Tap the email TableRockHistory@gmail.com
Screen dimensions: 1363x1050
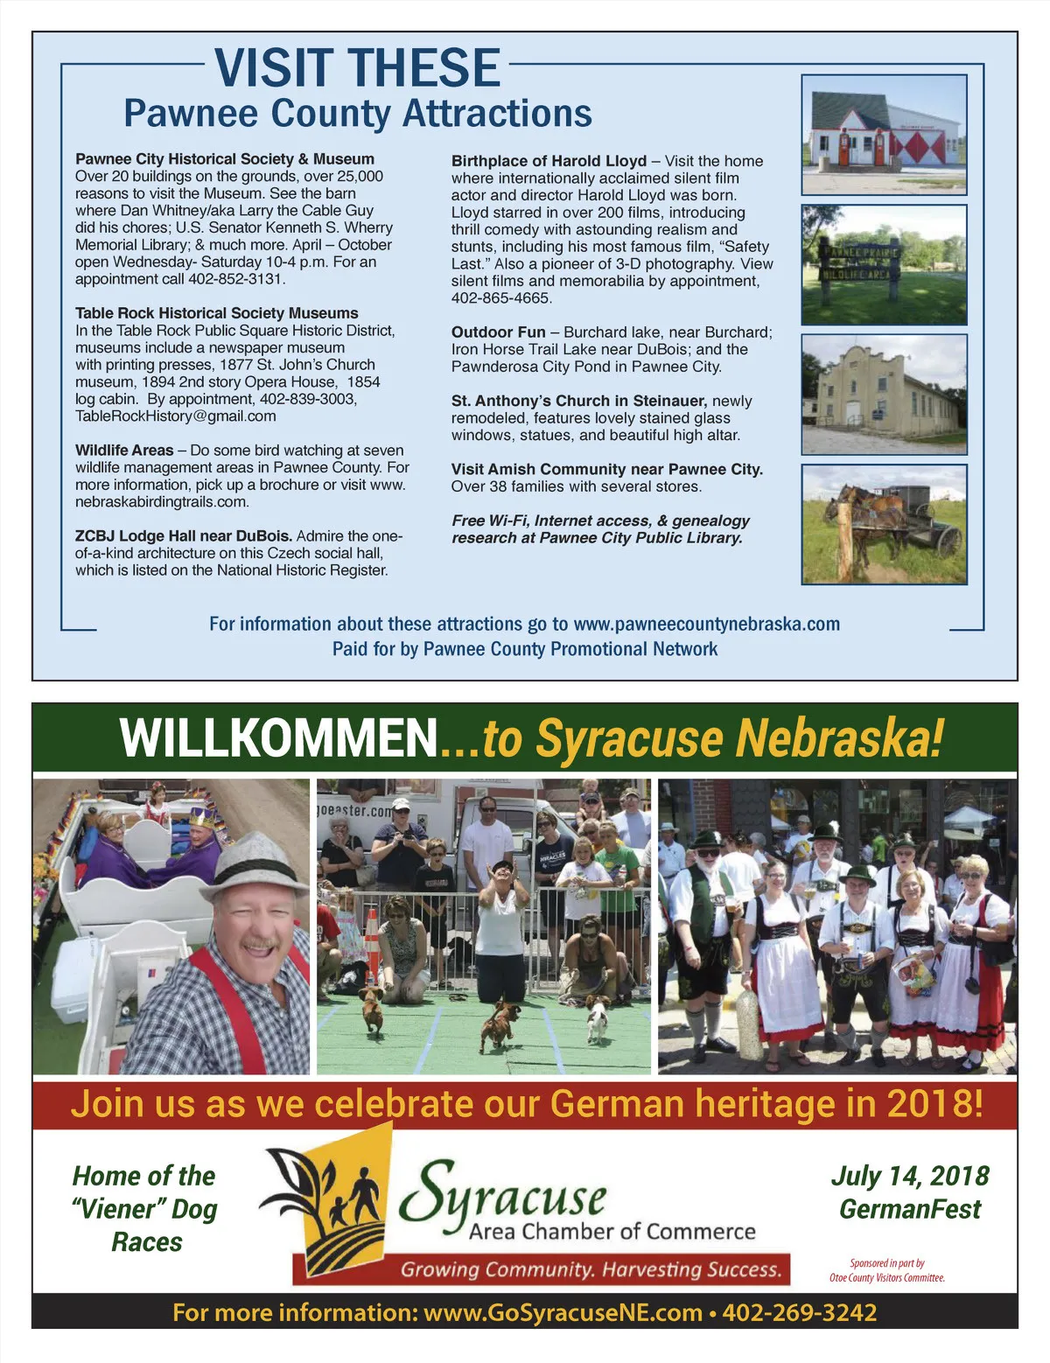point(175,416)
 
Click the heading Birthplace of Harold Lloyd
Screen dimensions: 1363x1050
point(549,161)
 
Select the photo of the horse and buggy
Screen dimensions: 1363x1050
point(884,524)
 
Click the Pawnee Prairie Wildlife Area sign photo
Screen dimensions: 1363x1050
point(884,264)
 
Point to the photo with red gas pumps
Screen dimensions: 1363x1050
point(884,122)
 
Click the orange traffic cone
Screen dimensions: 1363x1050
point(372,937)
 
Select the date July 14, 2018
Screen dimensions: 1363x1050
point(910,1176)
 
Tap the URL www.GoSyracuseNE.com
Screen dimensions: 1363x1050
point(563,1312)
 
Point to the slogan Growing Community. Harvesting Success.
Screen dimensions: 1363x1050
point(591,1269)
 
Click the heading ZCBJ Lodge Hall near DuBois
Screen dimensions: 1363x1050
point(183,536)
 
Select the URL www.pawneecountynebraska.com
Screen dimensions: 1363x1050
point(706,625)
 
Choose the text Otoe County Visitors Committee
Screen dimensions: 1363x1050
point(887,1278)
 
